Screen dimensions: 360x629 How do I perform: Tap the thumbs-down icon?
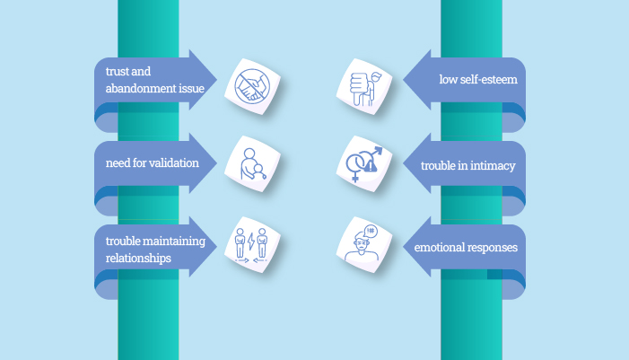pyautogui.click(x=364, y=85)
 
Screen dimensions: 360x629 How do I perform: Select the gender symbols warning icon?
pyautogui.click(x=364, y=163)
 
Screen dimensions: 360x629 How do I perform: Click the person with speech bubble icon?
pyautogui.click(x=364, y=243)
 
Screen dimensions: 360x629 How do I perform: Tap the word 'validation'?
pyautogui.click(x=171, y=163)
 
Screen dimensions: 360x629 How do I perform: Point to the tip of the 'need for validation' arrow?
pyautogui.click(x=218, y=162)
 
